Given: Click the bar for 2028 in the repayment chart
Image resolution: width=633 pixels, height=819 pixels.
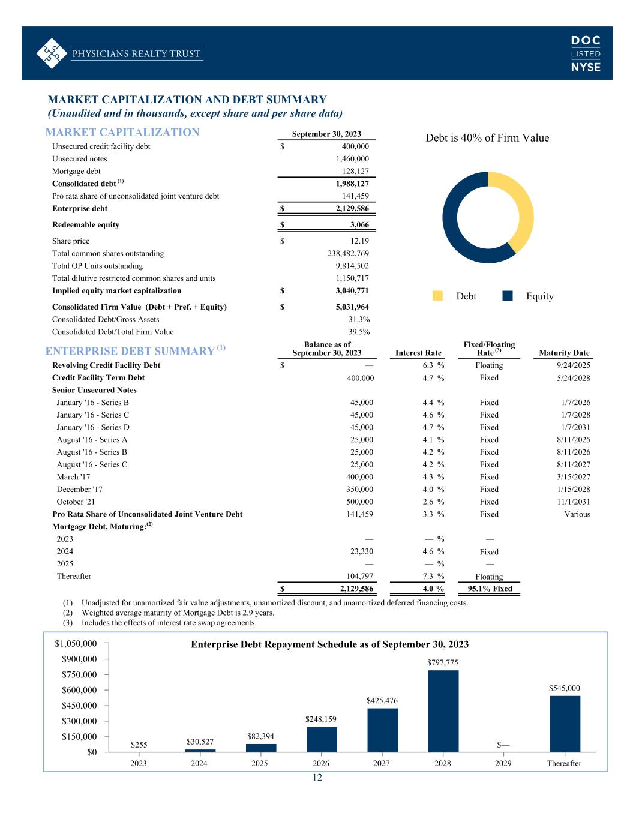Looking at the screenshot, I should pyautogui.click(x=443, y=711).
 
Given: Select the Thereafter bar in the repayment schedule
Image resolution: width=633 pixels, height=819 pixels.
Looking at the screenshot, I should pyautogui.click(x=565, y=724).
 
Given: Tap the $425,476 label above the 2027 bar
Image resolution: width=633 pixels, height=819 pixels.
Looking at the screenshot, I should pyautogui.click(x=382, y=700).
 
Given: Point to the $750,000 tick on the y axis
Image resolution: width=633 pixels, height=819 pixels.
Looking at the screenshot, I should pyautogui.click(x=79, y=674).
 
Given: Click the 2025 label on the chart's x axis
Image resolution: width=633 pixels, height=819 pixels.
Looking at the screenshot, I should pyautogui.click(x=260, y=763).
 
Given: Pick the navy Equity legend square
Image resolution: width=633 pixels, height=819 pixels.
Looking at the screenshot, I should pyautogui.click(x=508, y=296).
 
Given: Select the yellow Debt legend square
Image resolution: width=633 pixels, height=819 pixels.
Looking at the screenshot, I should pyautogui.click(x=437, y=296).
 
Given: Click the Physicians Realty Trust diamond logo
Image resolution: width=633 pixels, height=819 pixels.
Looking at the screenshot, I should pyautogui.click(x=51, y=53).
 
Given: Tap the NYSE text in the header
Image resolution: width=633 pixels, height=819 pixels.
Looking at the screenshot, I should pyautogui.click(x=585, y=67).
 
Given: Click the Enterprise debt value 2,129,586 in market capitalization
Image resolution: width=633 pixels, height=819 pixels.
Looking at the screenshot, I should pyautogui.click(x=352, y=209).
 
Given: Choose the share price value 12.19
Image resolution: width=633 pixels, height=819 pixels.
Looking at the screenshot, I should pyautogui.click(x=359, y=241).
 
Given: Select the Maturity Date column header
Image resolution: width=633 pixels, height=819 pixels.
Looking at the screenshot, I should pyautogui.click(x=564, y=353).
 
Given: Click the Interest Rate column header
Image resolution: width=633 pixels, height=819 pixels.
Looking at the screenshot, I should pyautogui.click(x=418, y=353).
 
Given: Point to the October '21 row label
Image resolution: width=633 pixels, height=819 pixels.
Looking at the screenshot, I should pyautogui.click(x=76, y=502).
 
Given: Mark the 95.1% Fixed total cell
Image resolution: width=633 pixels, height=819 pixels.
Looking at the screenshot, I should pyautogui.click(x=490, y=589).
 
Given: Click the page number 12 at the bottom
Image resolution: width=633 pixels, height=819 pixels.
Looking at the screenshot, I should pyautogui.click(x=317, y=778).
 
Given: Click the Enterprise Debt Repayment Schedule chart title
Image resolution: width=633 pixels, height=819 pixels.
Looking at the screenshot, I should pyautogui.click(x=329, y=644).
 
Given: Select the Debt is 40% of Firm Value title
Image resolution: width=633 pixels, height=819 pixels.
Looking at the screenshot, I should pyautogui.click(x=487, y=138).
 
